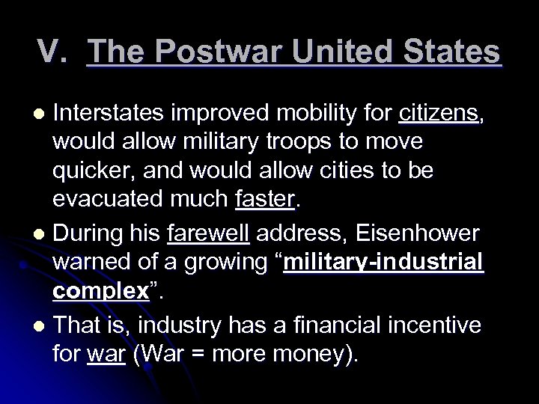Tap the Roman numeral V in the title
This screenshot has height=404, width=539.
click(x=51, y=53)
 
